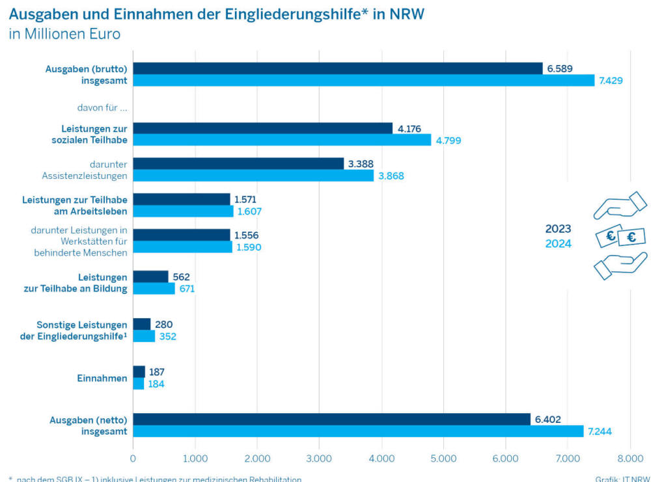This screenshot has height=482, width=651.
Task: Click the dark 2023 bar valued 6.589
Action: coord(337,68)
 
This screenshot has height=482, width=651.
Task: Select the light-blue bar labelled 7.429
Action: coord(363,81)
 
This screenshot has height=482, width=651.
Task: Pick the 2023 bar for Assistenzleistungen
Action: coord(238,164)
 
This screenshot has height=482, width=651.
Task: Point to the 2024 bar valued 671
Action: coord(154,289)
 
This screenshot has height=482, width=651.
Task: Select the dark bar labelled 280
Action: coord(141,324)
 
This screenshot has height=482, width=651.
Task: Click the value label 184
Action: coord(156,384)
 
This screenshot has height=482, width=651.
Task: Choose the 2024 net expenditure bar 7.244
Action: coord(358,431)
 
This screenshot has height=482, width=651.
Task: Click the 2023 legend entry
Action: coord(558,229)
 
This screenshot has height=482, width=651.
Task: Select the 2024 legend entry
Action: coord(558,244)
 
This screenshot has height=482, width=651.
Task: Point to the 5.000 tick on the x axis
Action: coord(443,458)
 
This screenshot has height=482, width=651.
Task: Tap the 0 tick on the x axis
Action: coord(133,458)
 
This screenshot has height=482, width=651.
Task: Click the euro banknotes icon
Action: coord(620,237)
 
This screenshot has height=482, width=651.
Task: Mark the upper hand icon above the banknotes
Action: coord(619,207)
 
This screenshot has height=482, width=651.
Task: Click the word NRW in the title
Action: coord(406,14)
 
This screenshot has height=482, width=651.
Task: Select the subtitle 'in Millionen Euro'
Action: coord(64,34)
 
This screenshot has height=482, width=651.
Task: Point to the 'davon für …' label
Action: coord(102,108)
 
